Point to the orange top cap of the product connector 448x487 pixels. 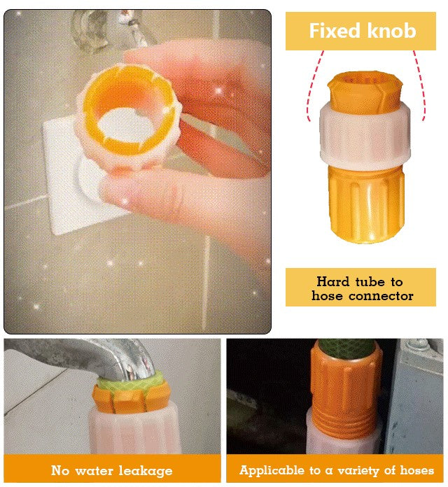click(x=365, y=91)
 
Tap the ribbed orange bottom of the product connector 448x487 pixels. click(x=367, y=204)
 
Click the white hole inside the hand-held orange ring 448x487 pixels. click(x=127, y=125)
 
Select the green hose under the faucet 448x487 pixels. click(x=130, y=381)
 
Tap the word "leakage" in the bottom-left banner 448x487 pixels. click(x=146, y=471)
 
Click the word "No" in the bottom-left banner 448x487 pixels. click(x=60, y=470)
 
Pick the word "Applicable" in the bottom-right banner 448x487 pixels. click(x=272, y=470)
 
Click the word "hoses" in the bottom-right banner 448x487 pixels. click(x=416, y=470)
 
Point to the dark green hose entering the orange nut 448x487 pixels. click(x=347, y=348)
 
